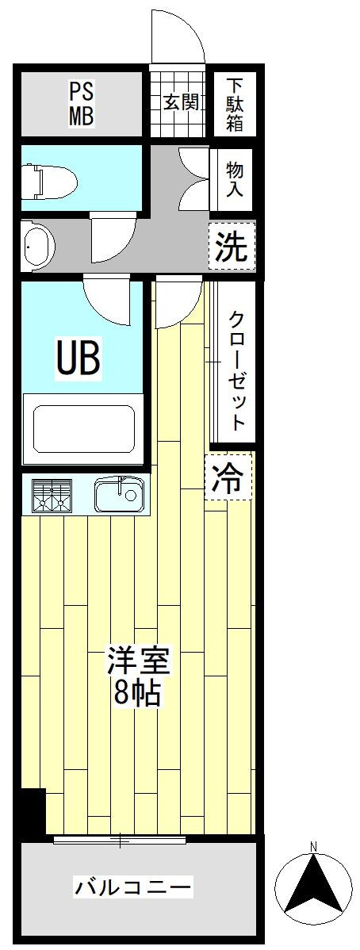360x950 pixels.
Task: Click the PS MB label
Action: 81,104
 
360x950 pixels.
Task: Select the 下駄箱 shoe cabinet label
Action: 236,104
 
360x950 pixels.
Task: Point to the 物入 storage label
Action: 236,178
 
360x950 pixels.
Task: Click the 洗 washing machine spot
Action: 232,246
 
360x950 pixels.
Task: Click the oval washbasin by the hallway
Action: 37,247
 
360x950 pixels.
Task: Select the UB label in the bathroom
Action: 79,358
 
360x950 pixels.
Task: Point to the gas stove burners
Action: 52,496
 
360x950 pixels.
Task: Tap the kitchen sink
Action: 120,493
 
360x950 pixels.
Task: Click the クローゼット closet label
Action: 237,371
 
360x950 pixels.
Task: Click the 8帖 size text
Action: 137,693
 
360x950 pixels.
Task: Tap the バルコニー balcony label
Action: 133,888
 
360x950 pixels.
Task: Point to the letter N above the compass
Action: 312,846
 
